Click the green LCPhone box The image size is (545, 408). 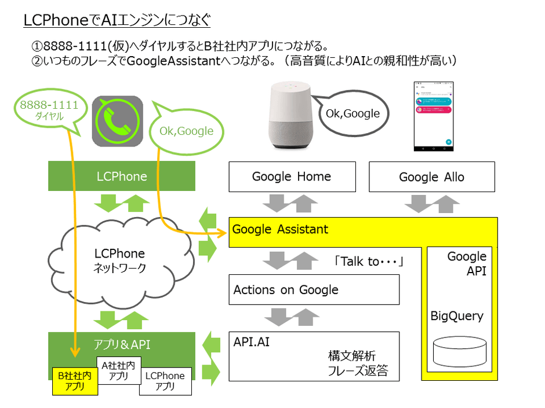(x=122, y=177)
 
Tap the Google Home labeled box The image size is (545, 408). (x=292, y=177)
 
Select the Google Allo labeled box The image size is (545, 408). (x=432, y=177)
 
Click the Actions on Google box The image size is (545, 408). (x=314, y=289)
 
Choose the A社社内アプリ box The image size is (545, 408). (x=118, y=370)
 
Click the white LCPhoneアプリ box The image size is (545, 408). (x=165, y=381)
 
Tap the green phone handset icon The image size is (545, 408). (x=118, y=121)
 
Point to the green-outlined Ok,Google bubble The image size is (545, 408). (x=186, y=131)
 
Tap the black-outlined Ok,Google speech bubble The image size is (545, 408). (x=353, y=114)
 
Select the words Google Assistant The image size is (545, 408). (x=280, y=229)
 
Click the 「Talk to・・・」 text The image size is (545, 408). (x=368, y=262)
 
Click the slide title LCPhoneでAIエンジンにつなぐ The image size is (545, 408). (x=117, y=21)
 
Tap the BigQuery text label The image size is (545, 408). (x=456, y=316)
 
